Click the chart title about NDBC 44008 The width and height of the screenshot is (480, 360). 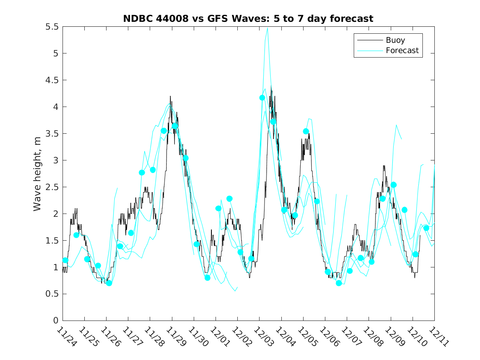tap(248, 19)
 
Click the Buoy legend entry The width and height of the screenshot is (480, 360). tap(395, 40)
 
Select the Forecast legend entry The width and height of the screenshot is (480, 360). tap(402, 51)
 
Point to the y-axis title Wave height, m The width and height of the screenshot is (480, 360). tap(37, 174)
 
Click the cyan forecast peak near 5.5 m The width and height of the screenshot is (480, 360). tap(268, 28)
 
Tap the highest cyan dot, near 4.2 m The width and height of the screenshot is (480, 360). tap(262, 98)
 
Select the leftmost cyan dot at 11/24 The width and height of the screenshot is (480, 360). tap(65, 260)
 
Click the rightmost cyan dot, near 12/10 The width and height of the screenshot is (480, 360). tap(426, 228)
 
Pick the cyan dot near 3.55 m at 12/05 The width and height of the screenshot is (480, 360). tap(306, 131)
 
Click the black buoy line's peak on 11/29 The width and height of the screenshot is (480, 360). tap(170, 96)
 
